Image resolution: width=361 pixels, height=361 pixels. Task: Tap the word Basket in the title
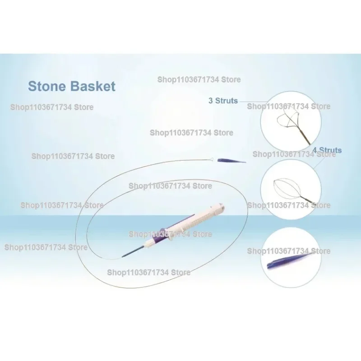tap(93, 86)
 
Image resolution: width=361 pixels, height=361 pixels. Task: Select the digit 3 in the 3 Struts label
tap(211, 101)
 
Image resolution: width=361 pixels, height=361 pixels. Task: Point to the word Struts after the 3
tap(227, 101)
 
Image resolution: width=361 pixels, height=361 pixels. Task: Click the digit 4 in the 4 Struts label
tap(315, 150)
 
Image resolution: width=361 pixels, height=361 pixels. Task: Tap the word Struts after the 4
tap(330, 150)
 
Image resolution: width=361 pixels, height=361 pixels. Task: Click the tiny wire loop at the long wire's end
tap(211, 159)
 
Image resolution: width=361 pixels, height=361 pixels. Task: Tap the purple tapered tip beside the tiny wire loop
tap(231, 160)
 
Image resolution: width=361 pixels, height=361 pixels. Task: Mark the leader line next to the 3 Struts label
tap(253, 102)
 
